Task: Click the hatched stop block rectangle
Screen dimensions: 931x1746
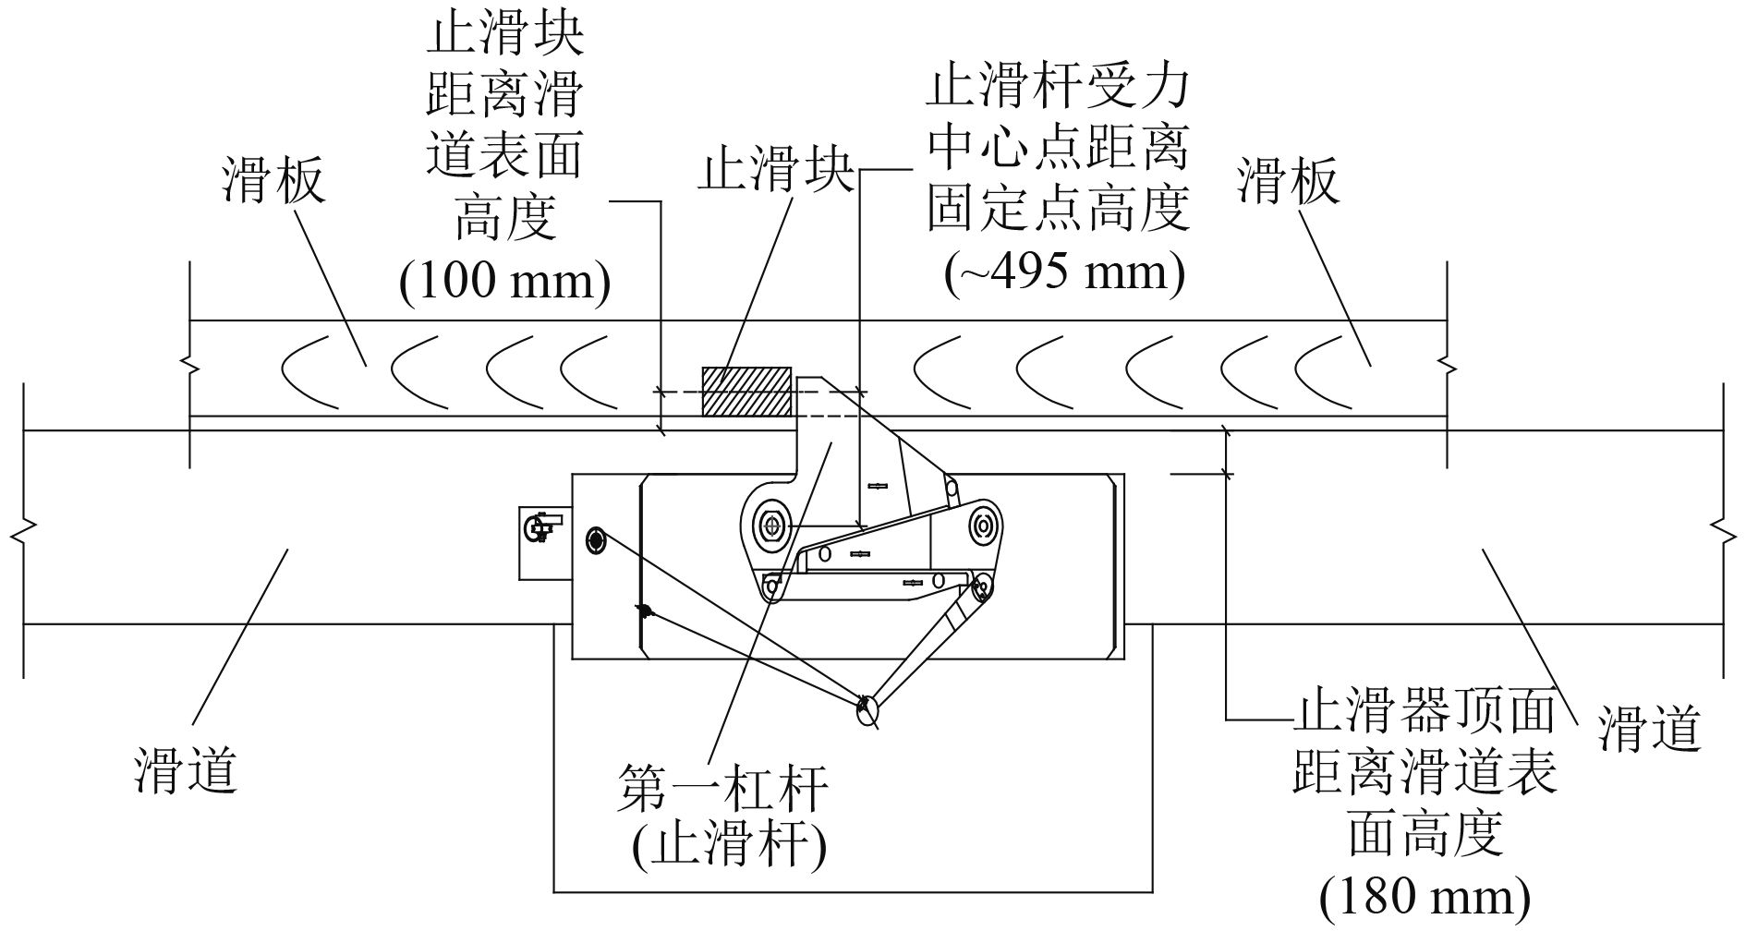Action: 746,391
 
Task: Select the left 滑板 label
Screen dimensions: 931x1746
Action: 274,180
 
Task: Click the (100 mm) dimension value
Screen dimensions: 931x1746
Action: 504,281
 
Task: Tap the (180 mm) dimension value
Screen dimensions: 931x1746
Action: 1425,897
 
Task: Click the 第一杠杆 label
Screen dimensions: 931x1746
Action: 722,788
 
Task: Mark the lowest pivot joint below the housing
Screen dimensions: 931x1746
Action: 867,709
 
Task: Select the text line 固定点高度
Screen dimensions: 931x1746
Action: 1058,209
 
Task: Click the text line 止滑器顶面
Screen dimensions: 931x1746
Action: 1424,713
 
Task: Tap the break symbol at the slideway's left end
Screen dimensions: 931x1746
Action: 24,534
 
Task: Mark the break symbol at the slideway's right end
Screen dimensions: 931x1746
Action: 1723,534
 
